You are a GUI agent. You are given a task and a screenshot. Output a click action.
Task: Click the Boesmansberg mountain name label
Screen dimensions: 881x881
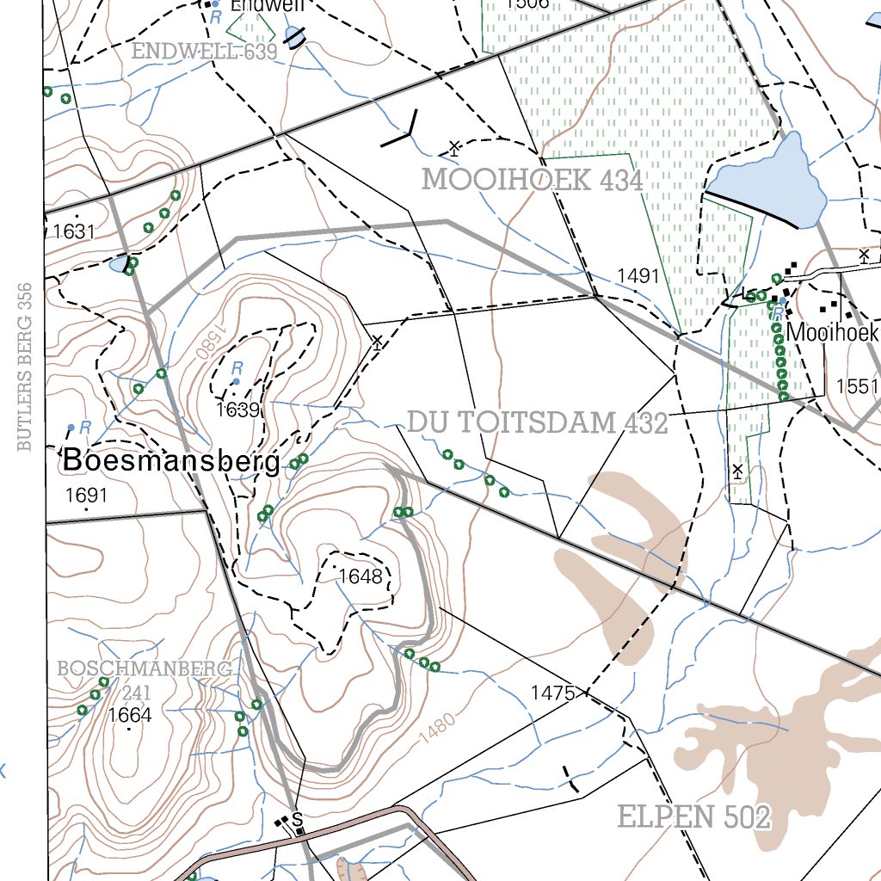tap(171, 462)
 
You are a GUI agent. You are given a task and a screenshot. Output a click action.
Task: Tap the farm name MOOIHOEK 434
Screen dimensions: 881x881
tap(532, 181)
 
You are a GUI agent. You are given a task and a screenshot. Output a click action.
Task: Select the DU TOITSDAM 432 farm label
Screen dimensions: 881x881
tap(537, 423)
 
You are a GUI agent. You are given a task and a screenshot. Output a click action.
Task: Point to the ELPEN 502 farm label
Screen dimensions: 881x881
tap(694, 817)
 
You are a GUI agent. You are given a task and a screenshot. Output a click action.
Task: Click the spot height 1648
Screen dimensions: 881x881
tap(360, 576)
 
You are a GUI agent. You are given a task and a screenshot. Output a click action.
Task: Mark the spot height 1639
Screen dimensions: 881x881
tap(237, 410)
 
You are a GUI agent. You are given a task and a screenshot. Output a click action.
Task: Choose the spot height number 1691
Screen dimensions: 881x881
tap(86, 495)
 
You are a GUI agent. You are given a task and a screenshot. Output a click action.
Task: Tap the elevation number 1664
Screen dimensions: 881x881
tap(130, 715)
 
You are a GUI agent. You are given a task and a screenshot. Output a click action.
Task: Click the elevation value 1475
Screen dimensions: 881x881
tap(552, 693)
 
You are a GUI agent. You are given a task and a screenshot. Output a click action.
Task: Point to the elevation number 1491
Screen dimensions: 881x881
tap(638, 276)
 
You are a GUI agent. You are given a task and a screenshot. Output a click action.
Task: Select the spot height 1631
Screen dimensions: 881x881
tap(73, 231)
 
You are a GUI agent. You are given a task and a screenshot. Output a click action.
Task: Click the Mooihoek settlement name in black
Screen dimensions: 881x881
tap(832, 332)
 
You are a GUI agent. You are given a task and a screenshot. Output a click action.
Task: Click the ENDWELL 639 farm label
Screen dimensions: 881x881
tap(205, 52)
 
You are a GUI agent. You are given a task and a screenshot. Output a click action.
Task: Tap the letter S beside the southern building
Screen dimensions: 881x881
tap(298, 818)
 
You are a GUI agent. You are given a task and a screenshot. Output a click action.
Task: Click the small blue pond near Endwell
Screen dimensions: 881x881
tap(294, 37)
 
